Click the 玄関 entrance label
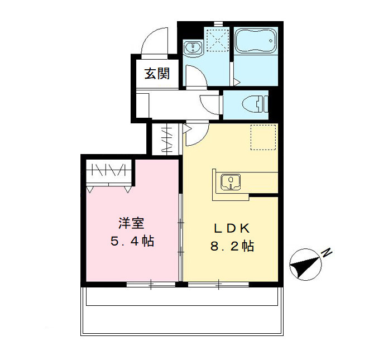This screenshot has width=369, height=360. coord(157,74)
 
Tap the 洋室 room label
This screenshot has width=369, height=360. coord(132,224)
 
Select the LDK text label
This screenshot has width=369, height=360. coord(232,228)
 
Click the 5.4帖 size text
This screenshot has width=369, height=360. coord(132,242)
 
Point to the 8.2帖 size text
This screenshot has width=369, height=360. coord(232,246)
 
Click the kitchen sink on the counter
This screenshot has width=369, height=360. coord(229,181)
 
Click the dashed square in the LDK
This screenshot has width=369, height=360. coord(263,137)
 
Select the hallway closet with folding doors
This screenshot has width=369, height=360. coord(166,140)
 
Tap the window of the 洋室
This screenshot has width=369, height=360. coord(151,284)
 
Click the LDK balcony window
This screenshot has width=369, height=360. coord(218,284)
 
